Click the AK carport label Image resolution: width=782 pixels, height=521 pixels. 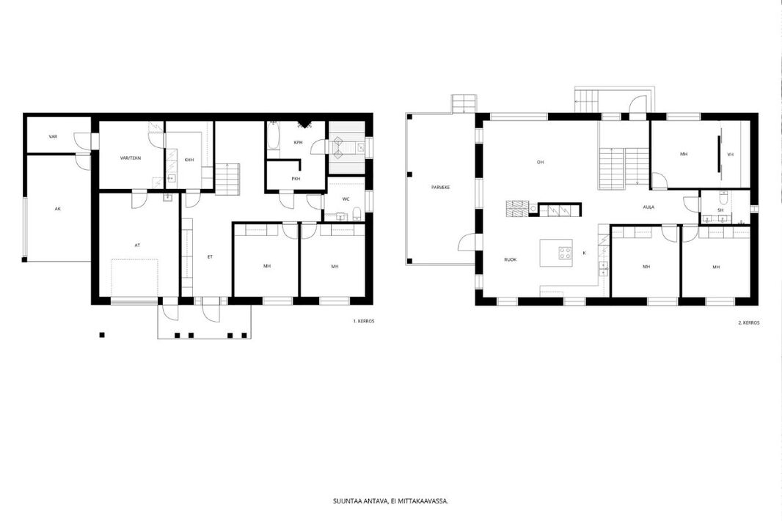(58, 209)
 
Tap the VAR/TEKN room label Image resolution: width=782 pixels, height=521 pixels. (131, 158)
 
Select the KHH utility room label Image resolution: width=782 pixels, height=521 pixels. (189, 160)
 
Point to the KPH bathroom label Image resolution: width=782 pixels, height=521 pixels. (299, 142)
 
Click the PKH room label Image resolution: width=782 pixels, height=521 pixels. (296, 179)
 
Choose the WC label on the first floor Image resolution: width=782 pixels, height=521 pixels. (346, 199)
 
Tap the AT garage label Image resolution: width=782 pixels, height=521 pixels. (138, 245)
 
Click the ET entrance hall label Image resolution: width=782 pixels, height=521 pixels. (210, 257)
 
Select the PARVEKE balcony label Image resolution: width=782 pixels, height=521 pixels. (441, 188)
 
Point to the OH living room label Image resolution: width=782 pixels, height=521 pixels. (540, 163)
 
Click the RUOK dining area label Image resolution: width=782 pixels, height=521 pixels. (510, 260)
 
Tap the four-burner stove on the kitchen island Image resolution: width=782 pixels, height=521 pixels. (565, 253)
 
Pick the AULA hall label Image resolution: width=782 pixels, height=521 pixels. (648, 207)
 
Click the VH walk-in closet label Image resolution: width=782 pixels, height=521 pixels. (731, 155)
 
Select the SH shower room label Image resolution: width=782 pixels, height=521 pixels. (720, 210)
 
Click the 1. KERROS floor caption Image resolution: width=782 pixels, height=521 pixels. (364, 321)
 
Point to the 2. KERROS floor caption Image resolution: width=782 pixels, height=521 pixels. (749, 322)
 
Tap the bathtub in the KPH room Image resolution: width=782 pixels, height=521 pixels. (274, 136)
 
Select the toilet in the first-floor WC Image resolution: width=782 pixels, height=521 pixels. (357, 215)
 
